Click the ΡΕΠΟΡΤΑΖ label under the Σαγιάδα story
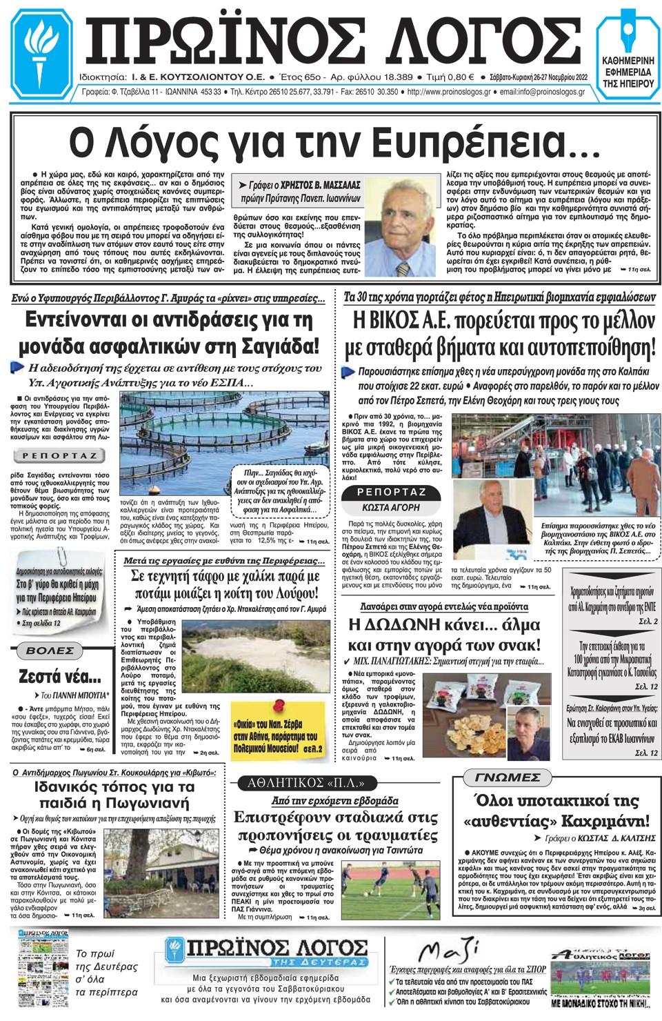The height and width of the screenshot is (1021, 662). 59,455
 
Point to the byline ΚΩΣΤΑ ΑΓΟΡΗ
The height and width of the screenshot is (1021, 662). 391,507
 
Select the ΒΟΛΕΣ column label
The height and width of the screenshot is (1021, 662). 50,651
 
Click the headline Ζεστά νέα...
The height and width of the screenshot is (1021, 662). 59,675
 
